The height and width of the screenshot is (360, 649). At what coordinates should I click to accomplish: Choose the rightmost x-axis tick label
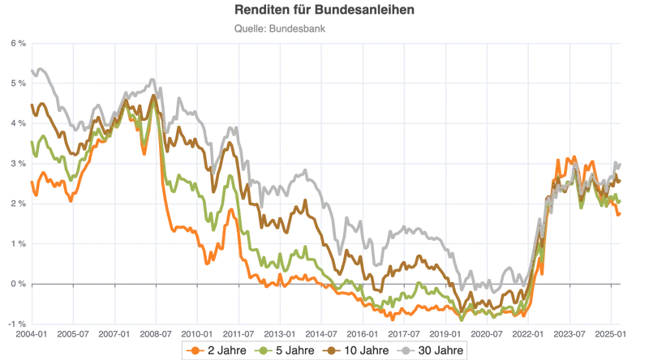pyautogui.click(x=610, y=332)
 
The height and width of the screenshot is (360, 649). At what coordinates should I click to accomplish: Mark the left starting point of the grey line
pyautogui.click(x=31, y=68)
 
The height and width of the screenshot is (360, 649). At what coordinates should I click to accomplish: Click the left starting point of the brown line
pyautogui.click(x=31, y=105)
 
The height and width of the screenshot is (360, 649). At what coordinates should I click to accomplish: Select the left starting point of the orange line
pyautogui.click(x=31, y=184)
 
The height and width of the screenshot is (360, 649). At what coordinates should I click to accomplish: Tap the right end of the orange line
pyautogui.click(x=621, y=215)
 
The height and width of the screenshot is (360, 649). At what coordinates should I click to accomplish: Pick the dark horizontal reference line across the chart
pyautogui.click(x=324, y=282)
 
